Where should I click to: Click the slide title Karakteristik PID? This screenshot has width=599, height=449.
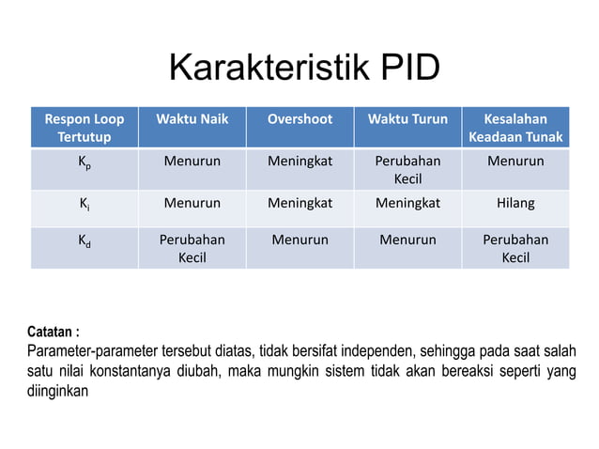303,70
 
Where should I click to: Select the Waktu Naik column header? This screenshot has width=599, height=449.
192,119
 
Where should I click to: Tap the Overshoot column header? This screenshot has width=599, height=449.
299,119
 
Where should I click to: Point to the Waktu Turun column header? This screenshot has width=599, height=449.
407,119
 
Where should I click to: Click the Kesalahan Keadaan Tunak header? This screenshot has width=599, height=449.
515,128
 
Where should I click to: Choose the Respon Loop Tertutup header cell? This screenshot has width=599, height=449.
84,128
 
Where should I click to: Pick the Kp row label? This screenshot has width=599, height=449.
84,162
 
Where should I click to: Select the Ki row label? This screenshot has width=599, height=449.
84,202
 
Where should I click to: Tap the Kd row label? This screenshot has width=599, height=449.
84,240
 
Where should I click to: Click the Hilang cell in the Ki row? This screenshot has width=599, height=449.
515,201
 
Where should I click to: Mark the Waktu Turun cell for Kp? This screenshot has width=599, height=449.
407,169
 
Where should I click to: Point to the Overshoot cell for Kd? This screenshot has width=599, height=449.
299,240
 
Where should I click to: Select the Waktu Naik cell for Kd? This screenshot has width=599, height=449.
192,248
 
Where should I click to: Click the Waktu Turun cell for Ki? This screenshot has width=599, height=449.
407,201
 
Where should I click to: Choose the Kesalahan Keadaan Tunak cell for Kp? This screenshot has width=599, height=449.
515,161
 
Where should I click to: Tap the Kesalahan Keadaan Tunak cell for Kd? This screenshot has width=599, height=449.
515,248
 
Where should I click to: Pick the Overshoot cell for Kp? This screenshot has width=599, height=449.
299,161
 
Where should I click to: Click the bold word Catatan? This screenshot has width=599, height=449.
51,333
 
